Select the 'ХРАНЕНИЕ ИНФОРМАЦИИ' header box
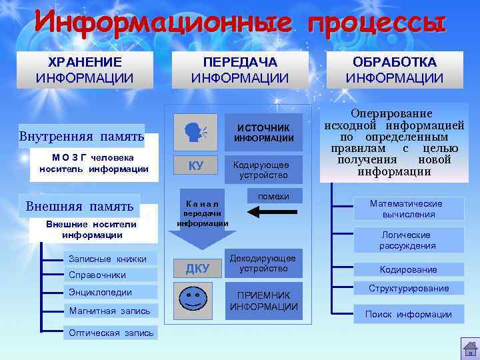tap(85, 70)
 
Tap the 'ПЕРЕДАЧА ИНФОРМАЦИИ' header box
tap(240, 70)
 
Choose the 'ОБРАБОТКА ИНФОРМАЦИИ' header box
tap(395, 70)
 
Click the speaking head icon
tap(195, 131)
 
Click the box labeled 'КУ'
tap(195, 166)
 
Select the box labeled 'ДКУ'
tap(197, 269)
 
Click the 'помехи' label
tap(273, 196)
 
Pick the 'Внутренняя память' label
tap(82, 137)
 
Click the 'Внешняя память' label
tap(79, 206)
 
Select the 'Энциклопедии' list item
tap(100, 292)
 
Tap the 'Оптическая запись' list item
tap(111, 333)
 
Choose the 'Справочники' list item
tap(97, 275)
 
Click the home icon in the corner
tap(469, 348)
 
